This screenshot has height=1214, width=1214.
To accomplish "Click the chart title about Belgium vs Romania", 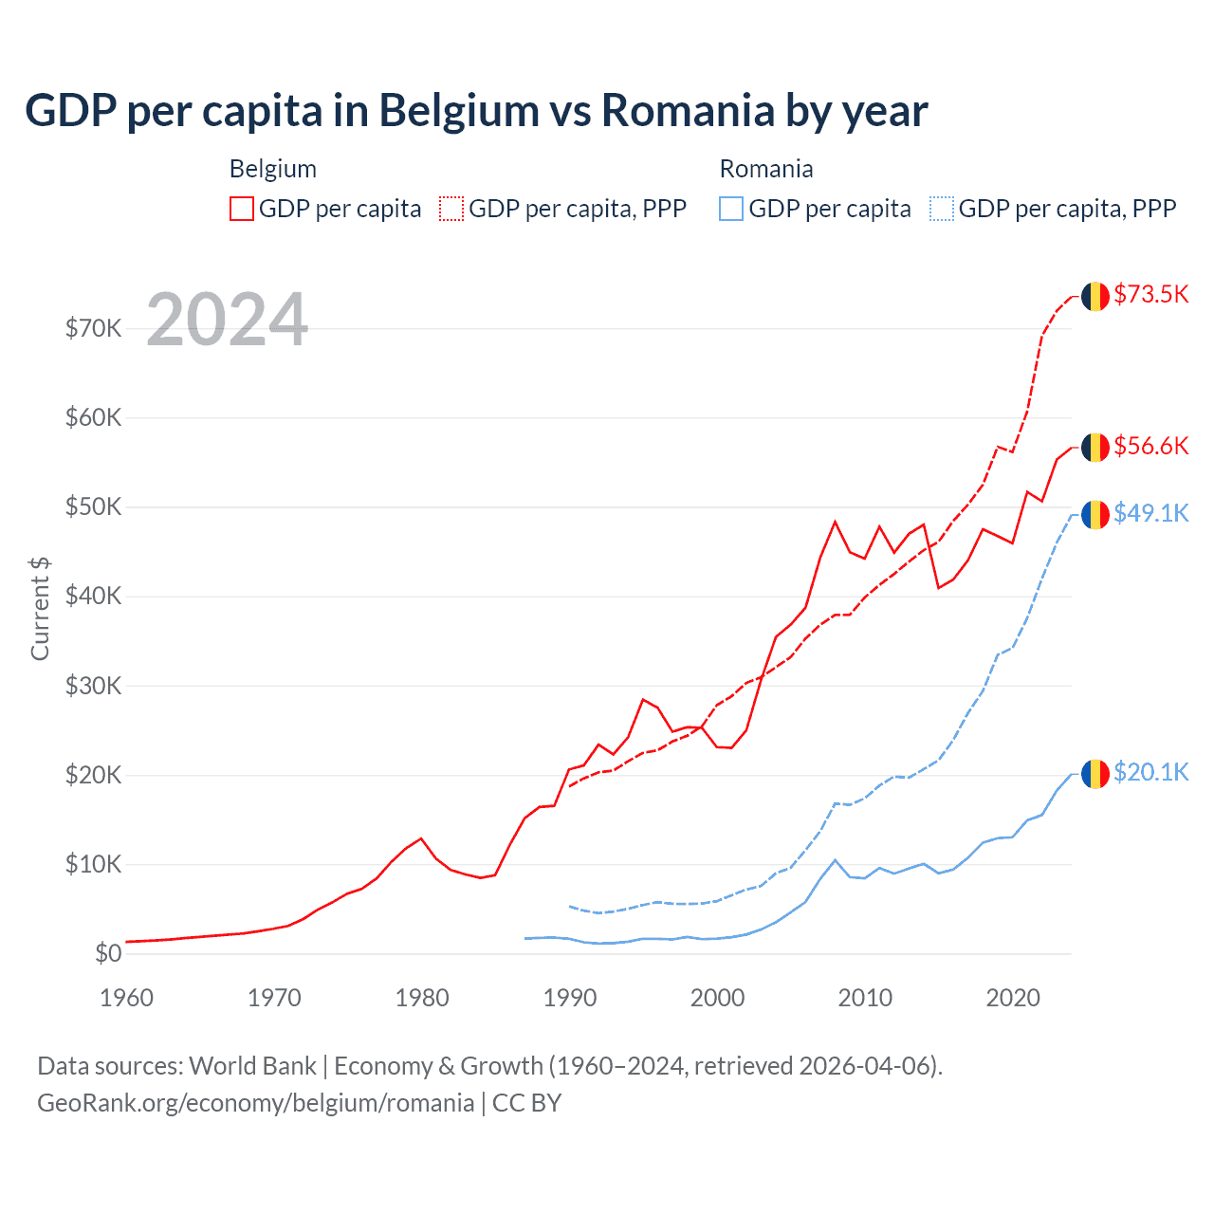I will (x=476, y=111).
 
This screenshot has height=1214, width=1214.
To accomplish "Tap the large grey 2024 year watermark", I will (x=228, y=321).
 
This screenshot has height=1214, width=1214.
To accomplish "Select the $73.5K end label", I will (x=1150, y=294).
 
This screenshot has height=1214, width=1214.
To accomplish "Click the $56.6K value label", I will (x=1150, y=446).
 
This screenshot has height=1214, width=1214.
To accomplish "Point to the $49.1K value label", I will (x=1150, y=513).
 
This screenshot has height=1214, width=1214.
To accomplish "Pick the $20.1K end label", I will (x=1150, y=772).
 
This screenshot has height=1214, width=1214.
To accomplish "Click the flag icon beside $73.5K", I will (x=1095, y=296).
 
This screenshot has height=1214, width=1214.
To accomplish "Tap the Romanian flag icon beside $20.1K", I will (x=1095, y=774).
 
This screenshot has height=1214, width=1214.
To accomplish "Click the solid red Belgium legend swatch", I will (x=242, y=209).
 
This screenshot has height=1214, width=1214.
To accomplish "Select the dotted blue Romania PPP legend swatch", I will (x=942, y=209).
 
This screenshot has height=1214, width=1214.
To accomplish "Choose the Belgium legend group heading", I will (x=273, y=169).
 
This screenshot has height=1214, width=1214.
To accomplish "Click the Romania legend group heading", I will (x=766, y=169).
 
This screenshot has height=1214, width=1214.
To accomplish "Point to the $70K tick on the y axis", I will (x=94, y=329).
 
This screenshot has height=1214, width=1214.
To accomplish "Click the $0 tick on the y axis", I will (x=108, y=953).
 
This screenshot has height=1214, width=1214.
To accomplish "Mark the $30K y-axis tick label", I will (x=94, y=686).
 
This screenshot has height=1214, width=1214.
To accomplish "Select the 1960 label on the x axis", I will (x=126, y=998).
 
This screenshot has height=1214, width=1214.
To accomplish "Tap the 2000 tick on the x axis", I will (x=717, y=998).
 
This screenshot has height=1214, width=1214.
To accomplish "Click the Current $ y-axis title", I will (x=40, y=609).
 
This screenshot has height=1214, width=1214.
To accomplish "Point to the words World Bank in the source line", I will (x=252, y=1066).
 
